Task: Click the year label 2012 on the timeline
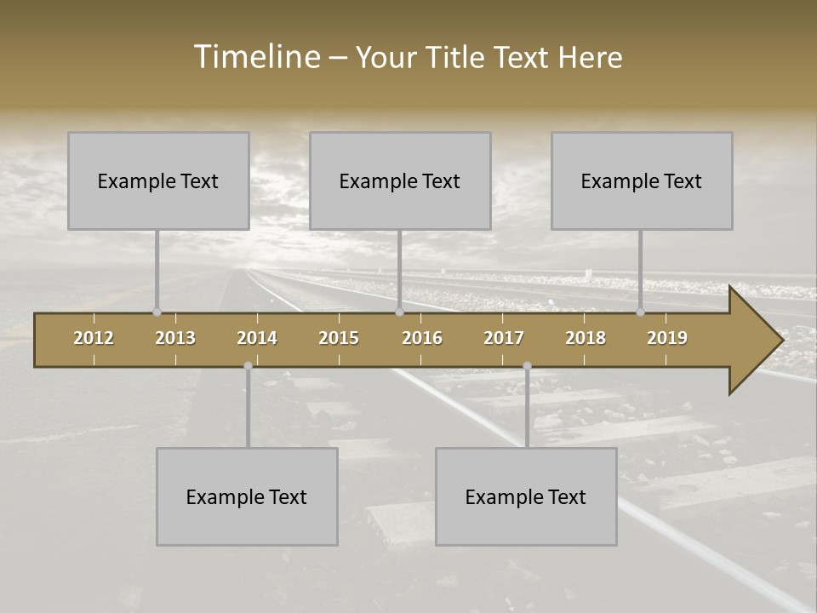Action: coord(94,338)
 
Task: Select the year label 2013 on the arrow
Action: coord(175,338)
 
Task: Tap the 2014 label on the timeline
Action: coord(257,338)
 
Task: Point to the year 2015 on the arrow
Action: coord(339,338)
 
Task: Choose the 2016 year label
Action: coord(422,338)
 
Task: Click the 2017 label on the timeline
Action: coord(504,338)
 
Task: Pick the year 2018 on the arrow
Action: coord(586,338)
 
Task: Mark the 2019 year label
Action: coord(667,338)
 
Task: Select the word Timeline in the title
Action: coord(256,57)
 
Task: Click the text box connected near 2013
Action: coord(158,180)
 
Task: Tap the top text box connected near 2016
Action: coord(400,180)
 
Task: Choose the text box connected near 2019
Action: coord(642,180)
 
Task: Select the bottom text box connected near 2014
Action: coord(247,496)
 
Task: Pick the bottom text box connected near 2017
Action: coord(526,496)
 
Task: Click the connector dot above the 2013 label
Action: coord(157,312)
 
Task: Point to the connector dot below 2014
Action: coord(248,366)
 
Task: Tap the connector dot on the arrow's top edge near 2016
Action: coord(399,312)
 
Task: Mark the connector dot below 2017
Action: coord(527,366)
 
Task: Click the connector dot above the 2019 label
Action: coord(640,312)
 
